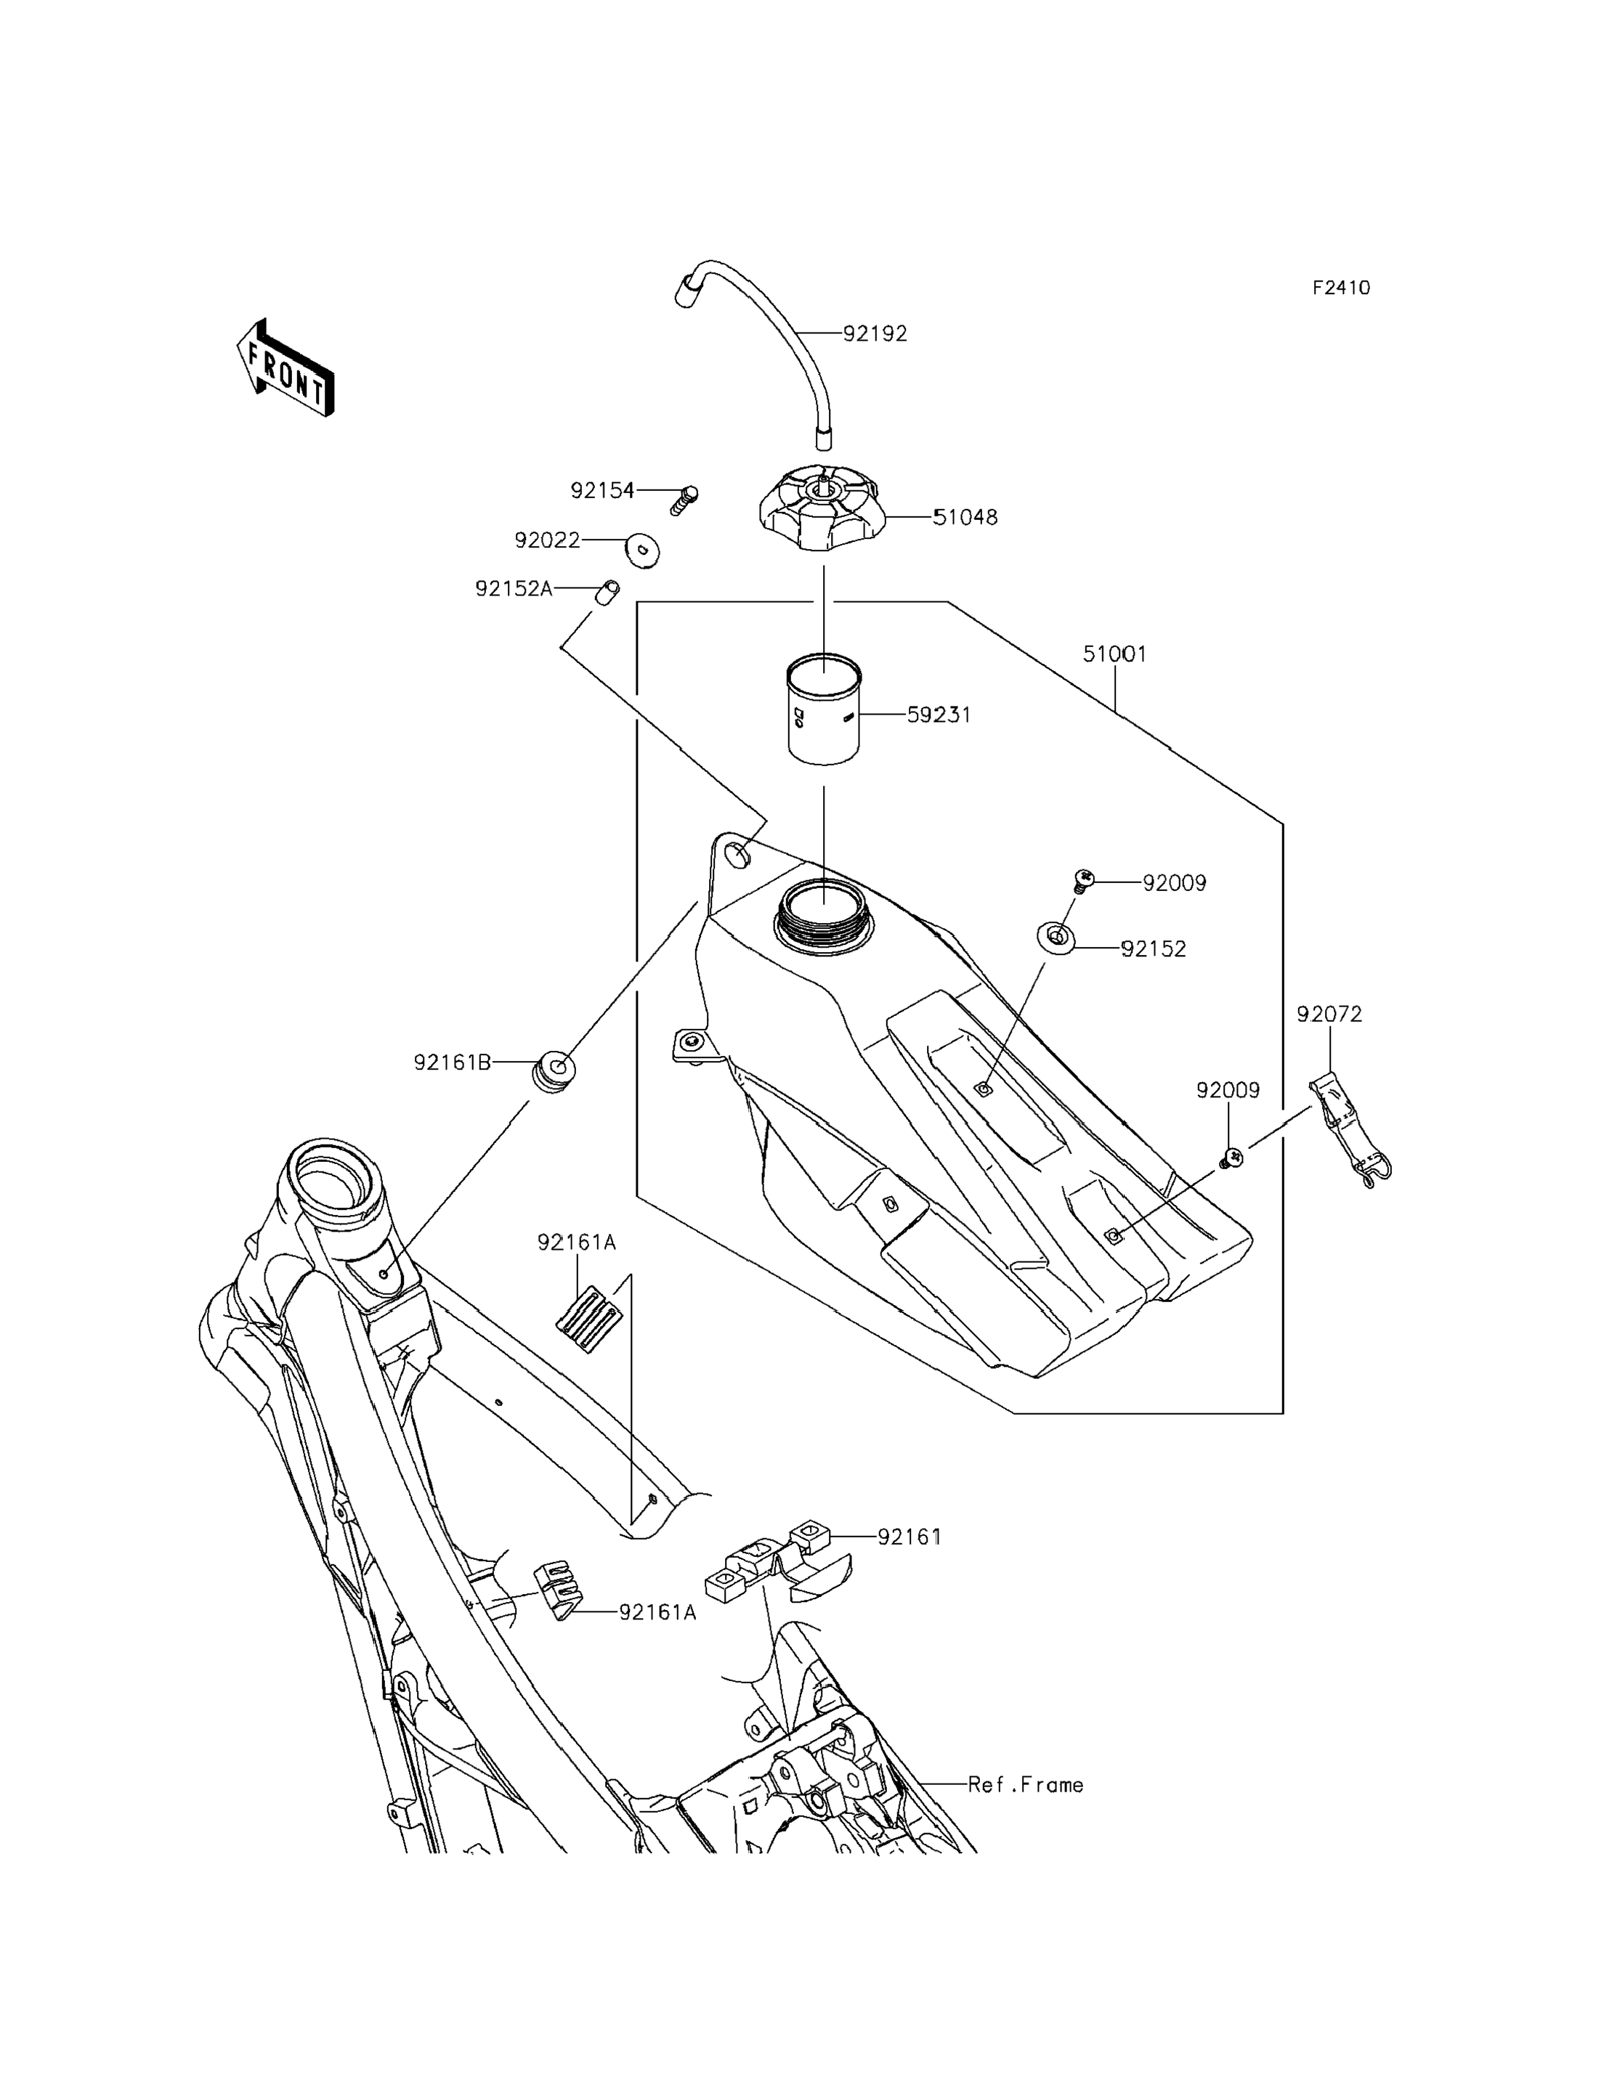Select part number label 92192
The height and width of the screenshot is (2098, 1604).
875,334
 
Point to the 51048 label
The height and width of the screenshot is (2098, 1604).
965,517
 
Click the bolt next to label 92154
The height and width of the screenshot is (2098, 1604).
684,499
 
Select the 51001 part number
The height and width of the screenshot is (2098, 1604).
1114,655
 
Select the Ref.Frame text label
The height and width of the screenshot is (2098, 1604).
1026,1785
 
